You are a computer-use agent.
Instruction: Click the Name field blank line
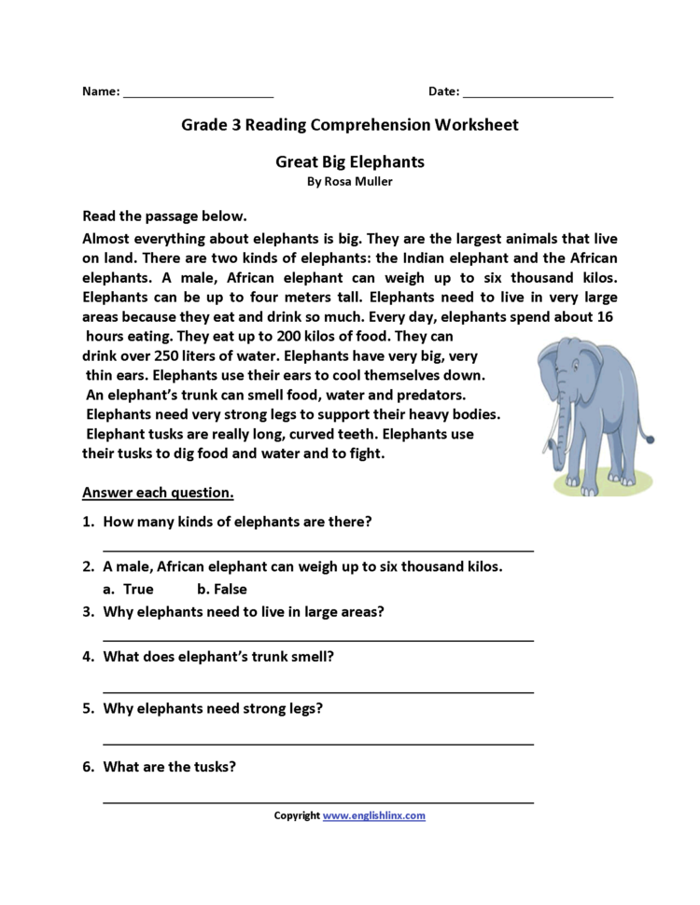point(198,95)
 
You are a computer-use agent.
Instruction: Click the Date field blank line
point(538,95)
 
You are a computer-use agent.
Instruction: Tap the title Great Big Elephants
point(350,161)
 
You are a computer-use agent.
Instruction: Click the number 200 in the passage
point(243,335)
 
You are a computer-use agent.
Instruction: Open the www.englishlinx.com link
point(373,815)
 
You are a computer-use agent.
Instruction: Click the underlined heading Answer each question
point(158,492)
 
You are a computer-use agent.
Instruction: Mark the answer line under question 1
point(317,550)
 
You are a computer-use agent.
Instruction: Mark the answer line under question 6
point(317,801)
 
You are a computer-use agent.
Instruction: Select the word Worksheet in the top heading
point(473,123)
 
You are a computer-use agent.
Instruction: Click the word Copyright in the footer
point(296,815)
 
